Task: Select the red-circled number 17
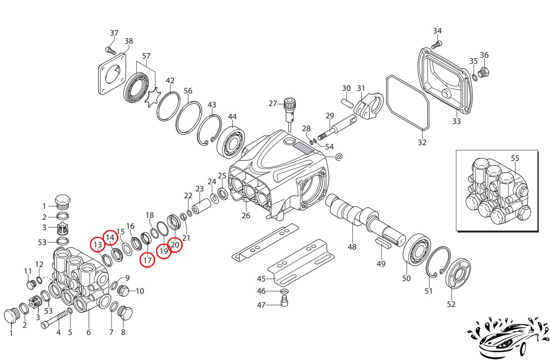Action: tap(147, 260)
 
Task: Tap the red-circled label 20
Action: tap(175, 244)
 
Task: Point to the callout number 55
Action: tap(515, 158)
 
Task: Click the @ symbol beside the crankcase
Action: tap(339, 157)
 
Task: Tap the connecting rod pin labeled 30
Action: tap(347, 102)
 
